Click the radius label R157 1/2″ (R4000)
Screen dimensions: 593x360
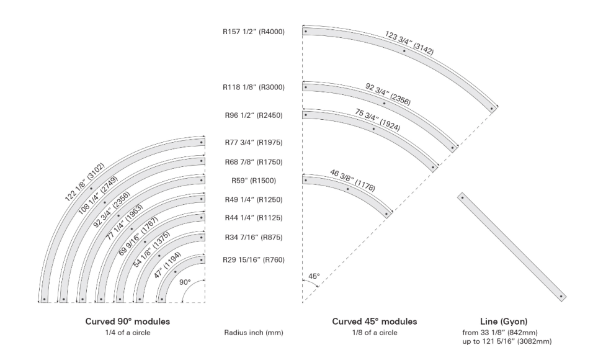point(253,32)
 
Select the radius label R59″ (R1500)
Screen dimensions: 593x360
point(254,181)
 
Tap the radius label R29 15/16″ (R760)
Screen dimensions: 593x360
point(253,259)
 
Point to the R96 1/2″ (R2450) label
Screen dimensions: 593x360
point(254,115)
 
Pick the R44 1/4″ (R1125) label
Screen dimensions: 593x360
point(254,218)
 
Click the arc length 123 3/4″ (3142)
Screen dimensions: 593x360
point(409,43)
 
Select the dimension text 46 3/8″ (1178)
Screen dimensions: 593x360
point(352,181)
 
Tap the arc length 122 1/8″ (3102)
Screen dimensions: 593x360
point(84,182)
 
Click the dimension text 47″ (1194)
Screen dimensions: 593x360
point(167,265)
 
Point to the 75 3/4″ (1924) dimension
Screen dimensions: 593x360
point(377,120)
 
